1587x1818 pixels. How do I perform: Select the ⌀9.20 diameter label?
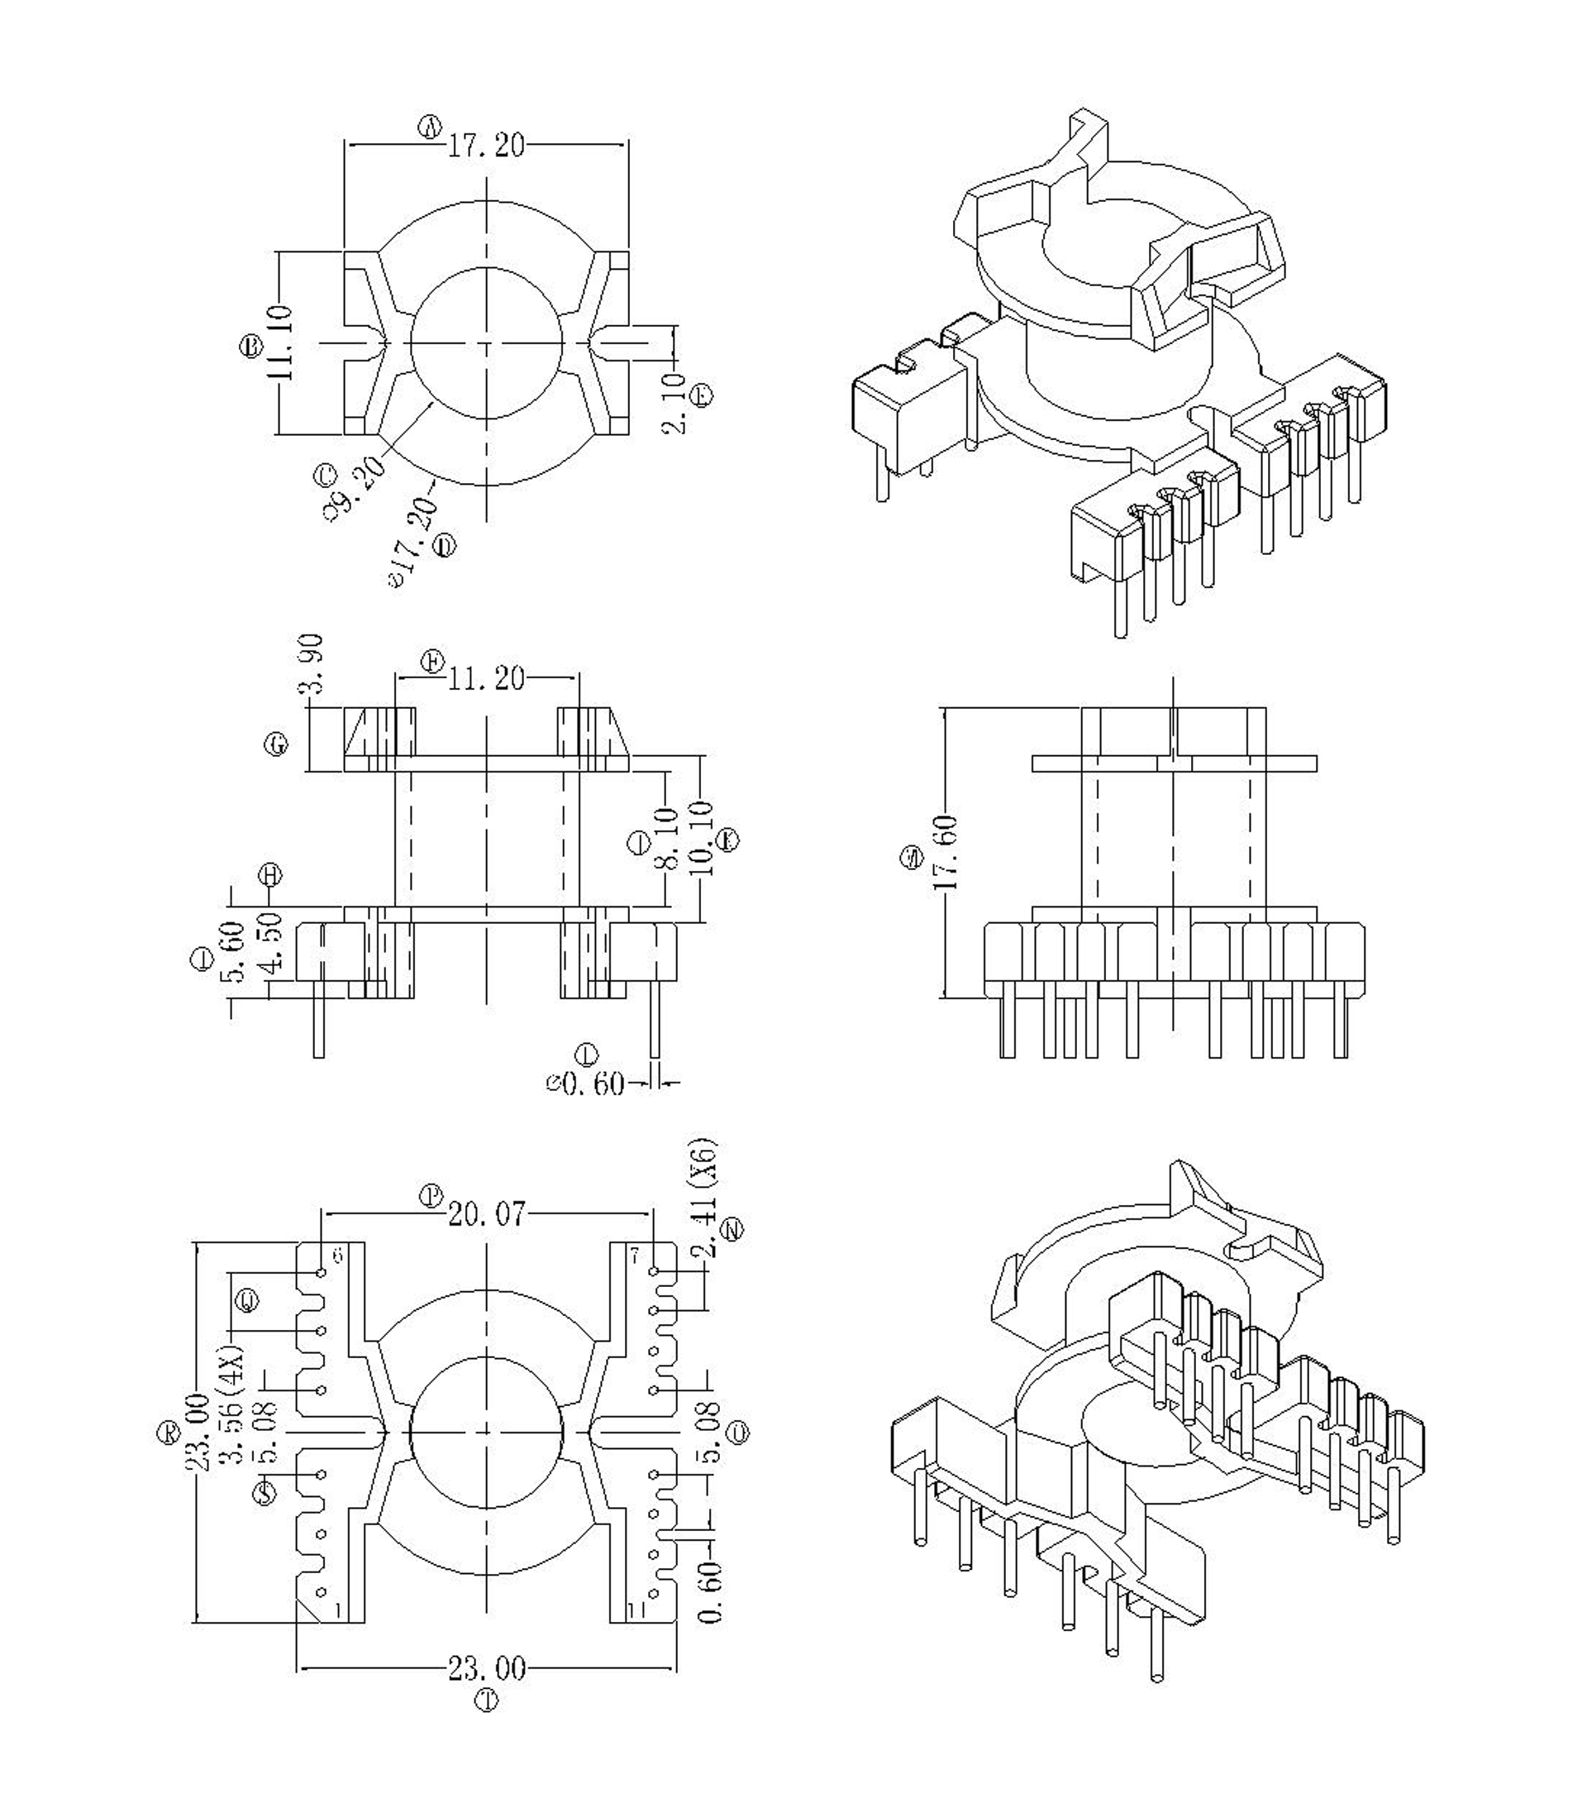click(x=357, y=488)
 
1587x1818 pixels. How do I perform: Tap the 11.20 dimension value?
click(x=486, y=680)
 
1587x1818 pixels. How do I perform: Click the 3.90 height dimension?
click(x=312, y=663)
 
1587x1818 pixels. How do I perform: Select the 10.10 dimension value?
click(x=702, y=838)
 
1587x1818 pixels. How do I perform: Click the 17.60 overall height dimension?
click(x=945, y=851)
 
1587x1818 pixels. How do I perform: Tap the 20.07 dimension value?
click(x=486, y=1213)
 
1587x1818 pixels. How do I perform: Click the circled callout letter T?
click(x=486, y=1701)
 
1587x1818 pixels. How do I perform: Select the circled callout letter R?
click(x=167, y=1435)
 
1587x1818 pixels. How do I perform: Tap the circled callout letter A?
click(x=430, y=128)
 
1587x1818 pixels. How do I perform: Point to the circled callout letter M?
click(x=909, y=858)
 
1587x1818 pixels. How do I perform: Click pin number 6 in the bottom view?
click(x=336, y=1256)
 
